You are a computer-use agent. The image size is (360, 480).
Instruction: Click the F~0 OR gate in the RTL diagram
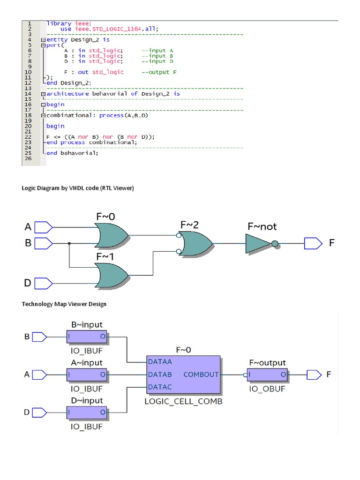pos(111,235)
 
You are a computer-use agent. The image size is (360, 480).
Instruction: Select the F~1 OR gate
pos(111,275)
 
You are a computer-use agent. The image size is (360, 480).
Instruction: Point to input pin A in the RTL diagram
pos(44,227)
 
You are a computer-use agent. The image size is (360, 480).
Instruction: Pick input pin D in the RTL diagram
pos(44,283)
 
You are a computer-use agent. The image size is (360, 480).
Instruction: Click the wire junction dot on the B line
pos(69,243)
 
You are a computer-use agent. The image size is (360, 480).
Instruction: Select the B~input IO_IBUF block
pos(87,337)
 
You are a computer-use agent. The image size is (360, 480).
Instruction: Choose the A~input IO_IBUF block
pos(87,375)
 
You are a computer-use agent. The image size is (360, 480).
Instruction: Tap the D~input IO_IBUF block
pos(87,412)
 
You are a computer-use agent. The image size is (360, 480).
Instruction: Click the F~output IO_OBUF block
pos(268,375)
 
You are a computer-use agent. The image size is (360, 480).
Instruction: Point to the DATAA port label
pos(159,361)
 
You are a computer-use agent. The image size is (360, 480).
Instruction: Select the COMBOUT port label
pos(201,375)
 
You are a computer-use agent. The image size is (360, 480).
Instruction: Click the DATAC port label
pos(159,387)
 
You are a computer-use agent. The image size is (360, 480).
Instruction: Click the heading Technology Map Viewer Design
pos(64,304)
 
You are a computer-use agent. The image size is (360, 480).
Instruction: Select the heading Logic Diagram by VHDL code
pos(78,188)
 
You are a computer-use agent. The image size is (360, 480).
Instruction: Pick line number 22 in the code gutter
pos(30,136)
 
